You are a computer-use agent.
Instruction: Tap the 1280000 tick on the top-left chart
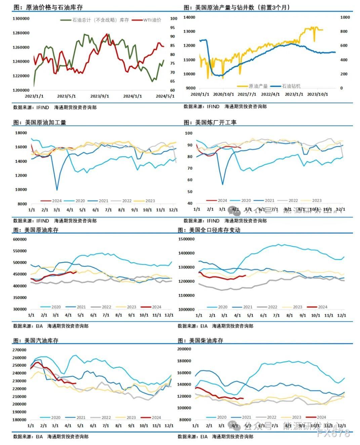tap(21, 33)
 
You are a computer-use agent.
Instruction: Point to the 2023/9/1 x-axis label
tap(100, 96)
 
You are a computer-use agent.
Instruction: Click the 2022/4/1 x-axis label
tap(271, 94)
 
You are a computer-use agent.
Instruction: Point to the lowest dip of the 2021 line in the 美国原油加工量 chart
tap(57, 190)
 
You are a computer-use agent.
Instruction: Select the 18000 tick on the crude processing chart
tap(21, 133)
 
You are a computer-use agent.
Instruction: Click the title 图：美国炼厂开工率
tap(210, 122)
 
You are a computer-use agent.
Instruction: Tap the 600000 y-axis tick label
tap(20, 239)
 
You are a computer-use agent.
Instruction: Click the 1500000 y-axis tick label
tap(187, 239)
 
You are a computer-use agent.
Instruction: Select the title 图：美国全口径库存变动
tap(209, 230)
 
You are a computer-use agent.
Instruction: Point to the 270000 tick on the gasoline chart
tap(20, 350)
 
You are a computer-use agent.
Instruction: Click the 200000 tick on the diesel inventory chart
tap(184, 349)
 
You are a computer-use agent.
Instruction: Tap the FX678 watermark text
tap(333, 433)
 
